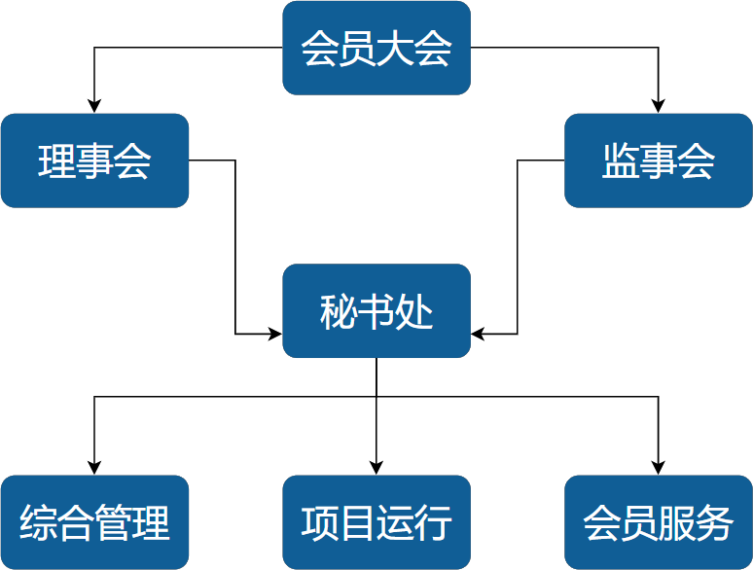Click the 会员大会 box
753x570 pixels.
(376, 48)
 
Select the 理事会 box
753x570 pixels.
(94, 160)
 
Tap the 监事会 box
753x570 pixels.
(659, 160)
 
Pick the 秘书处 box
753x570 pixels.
(376, 311)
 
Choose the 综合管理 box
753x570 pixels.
(94, 522)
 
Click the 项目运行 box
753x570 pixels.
(376, 522)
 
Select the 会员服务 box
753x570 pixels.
(659, 522)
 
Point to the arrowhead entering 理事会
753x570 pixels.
(94, 106)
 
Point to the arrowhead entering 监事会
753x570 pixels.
(659, 106)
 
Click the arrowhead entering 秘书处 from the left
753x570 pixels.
(275, 334)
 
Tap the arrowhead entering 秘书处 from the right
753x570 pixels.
(478, 334)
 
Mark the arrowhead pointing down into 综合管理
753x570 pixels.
(94, 468)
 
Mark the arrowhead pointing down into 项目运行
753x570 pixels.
(376, 468)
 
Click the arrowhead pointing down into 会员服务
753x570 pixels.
(659, 468)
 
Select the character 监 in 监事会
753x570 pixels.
(621, 161)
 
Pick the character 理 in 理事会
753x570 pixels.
(56, 161)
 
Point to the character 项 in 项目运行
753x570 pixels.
(320, 523)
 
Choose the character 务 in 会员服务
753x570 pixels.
(715, 523)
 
